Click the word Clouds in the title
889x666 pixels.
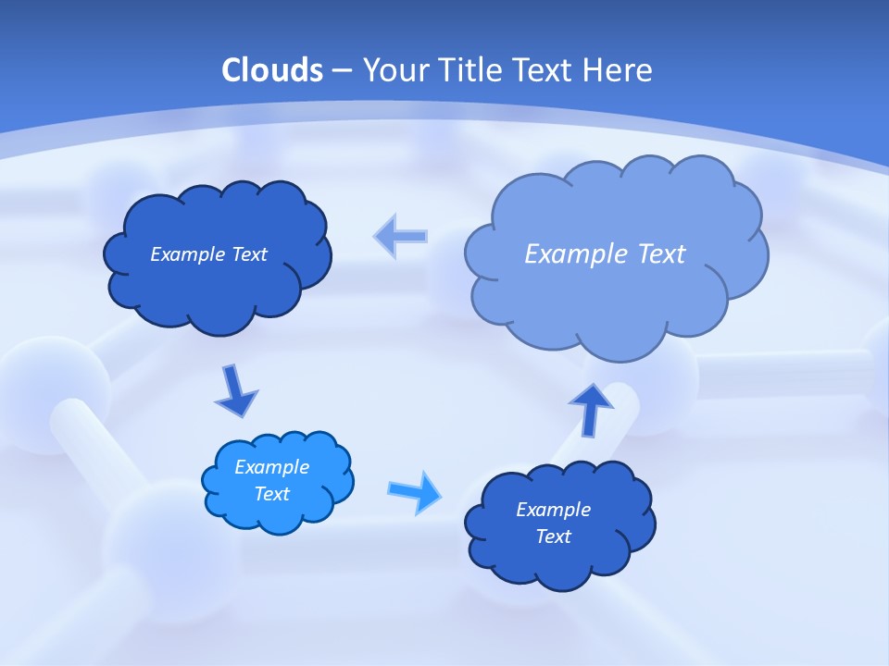click(272, 70)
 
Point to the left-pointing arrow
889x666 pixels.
click(400, 236)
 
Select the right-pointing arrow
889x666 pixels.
click(416, 491)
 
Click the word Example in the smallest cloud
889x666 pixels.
click(272, 467)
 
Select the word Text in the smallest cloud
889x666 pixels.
click(272, 494)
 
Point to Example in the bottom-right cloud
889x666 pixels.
click(553, 510)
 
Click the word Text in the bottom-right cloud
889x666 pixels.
click(553, 536)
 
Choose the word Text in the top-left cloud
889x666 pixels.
click(249, 254)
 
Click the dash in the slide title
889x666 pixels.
click(342, 70)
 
